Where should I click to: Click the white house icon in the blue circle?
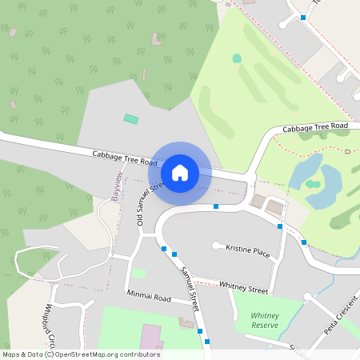tap(180, 173)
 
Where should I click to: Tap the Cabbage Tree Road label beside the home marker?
tap(124, 157)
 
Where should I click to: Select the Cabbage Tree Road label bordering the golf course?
tap(315, 127)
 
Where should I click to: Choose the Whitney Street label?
tap(243, 286)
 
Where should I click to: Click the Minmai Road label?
tap(149, 298)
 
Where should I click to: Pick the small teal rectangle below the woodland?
tap(130, 119)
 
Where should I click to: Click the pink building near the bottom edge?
tap(150, 337)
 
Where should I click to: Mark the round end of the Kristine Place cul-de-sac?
tap(216, 245)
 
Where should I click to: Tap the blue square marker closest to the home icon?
tap(216, 206)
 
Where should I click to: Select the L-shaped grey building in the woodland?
tap(156, 38)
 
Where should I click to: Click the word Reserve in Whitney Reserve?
tap(264, 325)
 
